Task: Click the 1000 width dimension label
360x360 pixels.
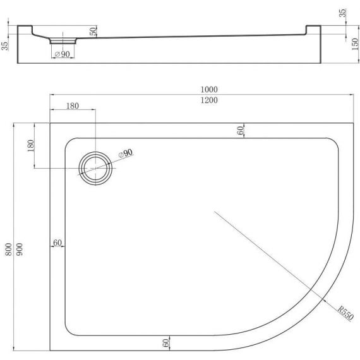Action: pos(209,89)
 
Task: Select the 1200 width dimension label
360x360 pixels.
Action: pos(209,100)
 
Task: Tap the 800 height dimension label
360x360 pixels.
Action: pos(8,249)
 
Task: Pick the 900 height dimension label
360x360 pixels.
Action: pos(20,249)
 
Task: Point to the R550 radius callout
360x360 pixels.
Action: pos(345,313)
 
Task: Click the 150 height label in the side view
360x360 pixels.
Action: pos(355,44)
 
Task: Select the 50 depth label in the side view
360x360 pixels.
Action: pos(93,31)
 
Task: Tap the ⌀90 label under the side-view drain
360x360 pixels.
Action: pos(63,54)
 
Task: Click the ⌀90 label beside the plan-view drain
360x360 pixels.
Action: pos(126,153)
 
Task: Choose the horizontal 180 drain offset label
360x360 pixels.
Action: pos(73,106)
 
